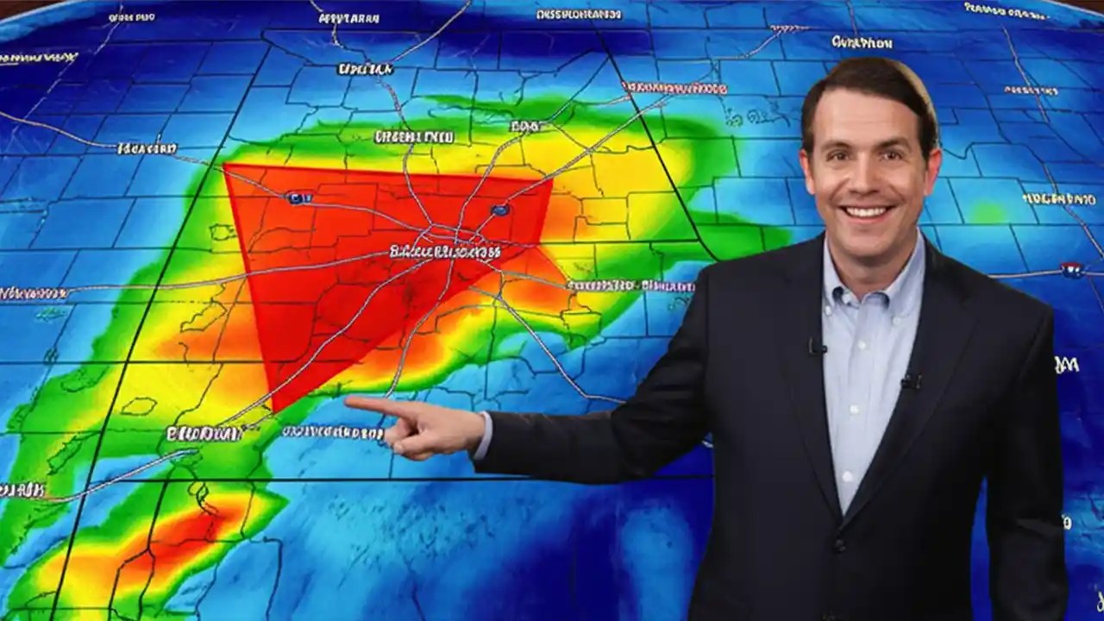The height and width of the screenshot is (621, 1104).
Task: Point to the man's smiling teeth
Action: [867, 211]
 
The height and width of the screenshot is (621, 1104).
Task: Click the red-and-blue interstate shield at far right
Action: [1072, 270]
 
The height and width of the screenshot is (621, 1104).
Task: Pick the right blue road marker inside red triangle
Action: [499, 210]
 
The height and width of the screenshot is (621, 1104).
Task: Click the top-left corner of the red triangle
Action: [225, 166]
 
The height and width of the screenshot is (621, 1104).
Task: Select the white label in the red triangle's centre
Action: [444, 252]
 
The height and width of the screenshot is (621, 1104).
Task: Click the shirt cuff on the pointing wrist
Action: [484, 434]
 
